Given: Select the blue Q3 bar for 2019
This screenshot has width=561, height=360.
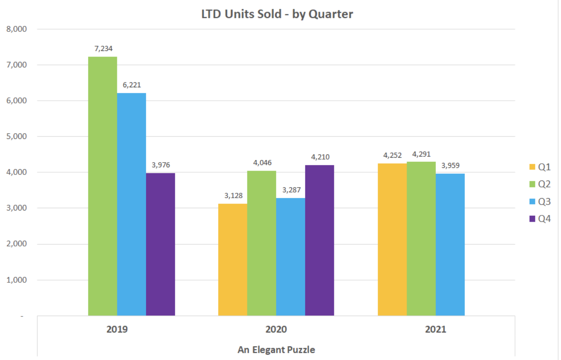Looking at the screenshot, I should click(131, 204).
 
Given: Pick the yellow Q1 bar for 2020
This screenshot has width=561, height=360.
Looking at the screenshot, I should click(233, 260).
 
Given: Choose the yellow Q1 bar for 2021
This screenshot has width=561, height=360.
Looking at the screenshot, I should click(392, 239).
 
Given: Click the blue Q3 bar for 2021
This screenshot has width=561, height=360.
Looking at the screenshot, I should click(450, 245).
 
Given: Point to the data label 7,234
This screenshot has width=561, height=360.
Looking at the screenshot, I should click(103, 49).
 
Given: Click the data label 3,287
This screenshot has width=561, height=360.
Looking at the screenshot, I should click(291, 190).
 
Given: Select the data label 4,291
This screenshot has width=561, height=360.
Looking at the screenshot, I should click(421, 154).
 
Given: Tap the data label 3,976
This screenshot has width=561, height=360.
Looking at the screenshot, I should click(161, 165).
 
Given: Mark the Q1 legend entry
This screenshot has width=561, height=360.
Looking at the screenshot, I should click(540, 167).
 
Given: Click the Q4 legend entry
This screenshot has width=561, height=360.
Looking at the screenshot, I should click(540, 219).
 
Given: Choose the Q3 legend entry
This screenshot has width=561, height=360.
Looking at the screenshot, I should click(540, 202).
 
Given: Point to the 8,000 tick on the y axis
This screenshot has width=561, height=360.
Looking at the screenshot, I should click(17, 29).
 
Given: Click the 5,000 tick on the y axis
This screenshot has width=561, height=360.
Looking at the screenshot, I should click(17, 137).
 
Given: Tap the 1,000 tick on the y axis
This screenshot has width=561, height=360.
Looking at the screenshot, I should click(17, 280).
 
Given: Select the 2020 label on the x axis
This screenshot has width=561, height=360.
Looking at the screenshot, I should click(276, 329).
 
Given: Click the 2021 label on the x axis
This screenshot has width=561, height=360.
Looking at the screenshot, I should click(435, 329).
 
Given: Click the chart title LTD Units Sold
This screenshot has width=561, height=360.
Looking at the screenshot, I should click(277, 14).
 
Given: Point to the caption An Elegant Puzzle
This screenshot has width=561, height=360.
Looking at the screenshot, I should click(276, 350).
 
